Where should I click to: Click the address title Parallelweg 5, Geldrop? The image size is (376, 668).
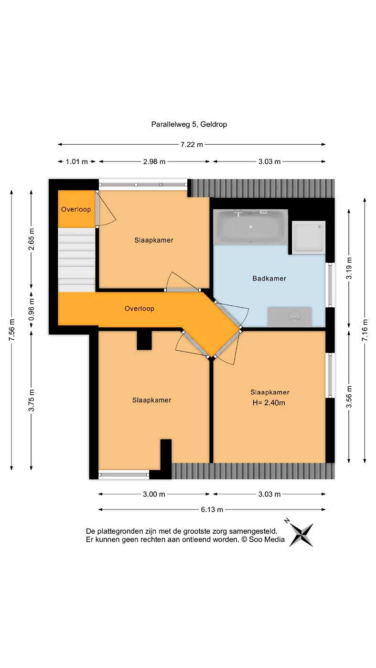click(x=189, y=124)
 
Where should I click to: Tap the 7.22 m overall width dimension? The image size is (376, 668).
click(x=192, y=145)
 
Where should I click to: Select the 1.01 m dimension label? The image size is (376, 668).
click(x=76, y=162)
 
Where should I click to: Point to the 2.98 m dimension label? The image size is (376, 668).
click(x=154, y=162)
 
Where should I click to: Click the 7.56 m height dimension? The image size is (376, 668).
click(x=11, y=330)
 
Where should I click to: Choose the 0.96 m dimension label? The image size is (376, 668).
click(x=32, y=309)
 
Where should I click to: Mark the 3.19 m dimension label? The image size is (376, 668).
click(x=349, y=268)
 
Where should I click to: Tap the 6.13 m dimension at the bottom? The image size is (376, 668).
click(x=212, y=509)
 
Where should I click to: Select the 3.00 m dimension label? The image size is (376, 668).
click(x=154, y=494)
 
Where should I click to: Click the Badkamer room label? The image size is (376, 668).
click(x=269, y=279)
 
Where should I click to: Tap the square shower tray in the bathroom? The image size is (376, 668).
click(x=308, y=237)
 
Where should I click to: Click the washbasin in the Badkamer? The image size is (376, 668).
click(x=290, y=317)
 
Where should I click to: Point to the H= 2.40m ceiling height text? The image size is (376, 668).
click(x=269, y=403)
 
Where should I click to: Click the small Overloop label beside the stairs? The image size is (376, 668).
click(x=76, y=209)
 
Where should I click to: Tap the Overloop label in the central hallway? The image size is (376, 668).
click(x=139, y=309)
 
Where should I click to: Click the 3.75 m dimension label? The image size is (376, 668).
click(x=32, y=400)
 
